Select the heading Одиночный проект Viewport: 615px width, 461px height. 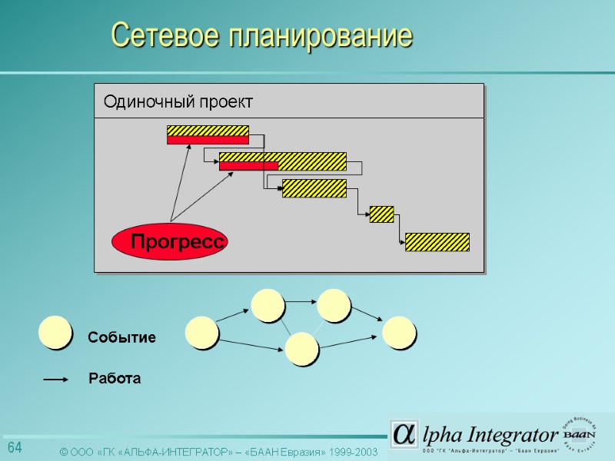(178, 101)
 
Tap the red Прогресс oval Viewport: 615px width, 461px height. (171, 242)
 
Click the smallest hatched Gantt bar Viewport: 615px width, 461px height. (381, 214)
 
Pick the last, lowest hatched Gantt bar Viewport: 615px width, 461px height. (437, 241)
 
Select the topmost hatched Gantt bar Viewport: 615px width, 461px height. (208, 131)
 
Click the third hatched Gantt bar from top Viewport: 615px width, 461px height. (314, 188)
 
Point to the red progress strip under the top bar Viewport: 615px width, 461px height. (208, 140)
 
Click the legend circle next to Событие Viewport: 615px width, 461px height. (55, 333)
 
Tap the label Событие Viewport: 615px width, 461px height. (121, 337)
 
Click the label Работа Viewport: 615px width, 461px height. (115, 379)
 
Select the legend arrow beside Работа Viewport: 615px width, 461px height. (57, 379)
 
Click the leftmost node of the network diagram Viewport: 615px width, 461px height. (202, 333)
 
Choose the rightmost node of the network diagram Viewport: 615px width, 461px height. (399, 333)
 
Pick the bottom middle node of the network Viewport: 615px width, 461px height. (301, 348)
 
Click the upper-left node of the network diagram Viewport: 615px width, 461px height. (268, 304)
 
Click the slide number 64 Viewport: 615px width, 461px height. (15, 448)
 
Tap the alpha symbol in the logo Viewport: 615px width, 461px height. (404, 434)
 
